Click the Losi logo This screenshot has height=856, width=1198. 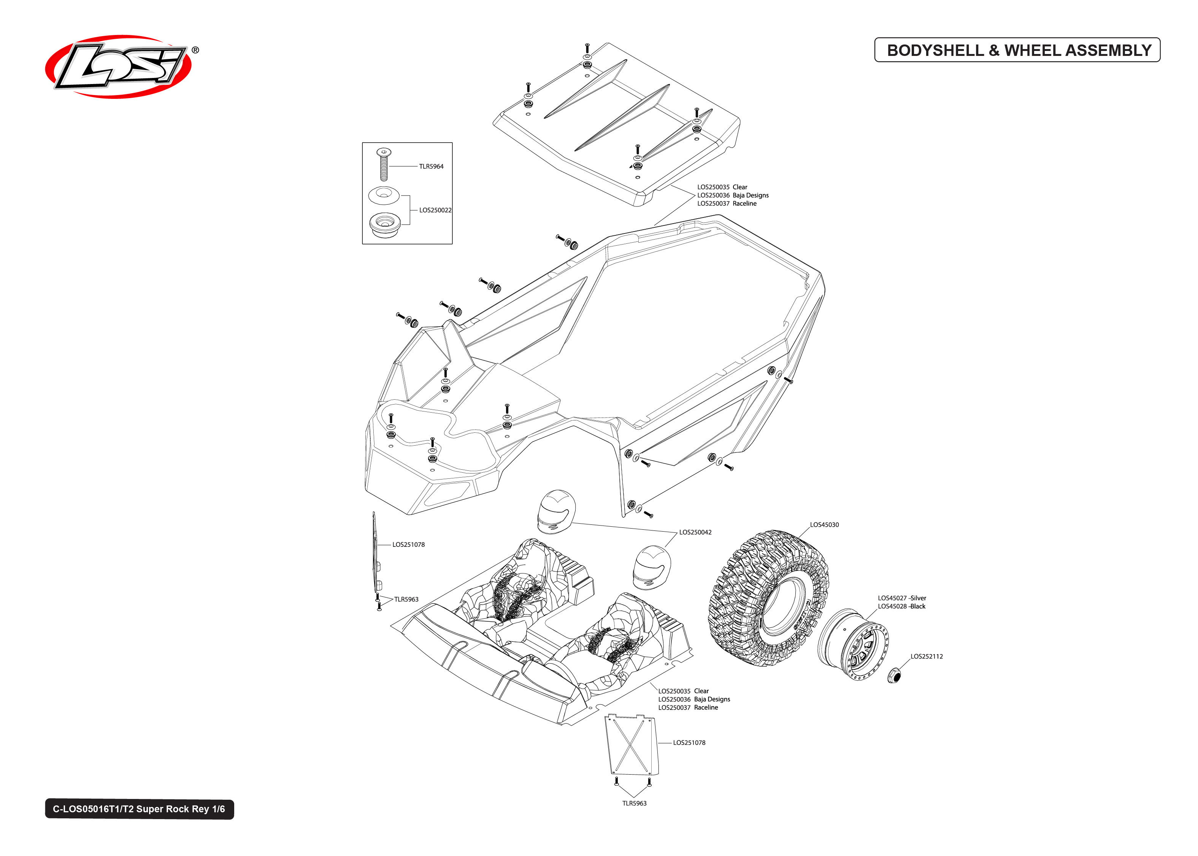(119, 67)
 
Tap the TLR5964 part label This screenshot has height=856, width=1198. (431, 167)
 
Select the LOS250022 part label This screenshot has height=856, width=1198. (435, 210)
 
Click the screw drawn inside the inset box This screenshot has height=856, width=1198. (384, 164)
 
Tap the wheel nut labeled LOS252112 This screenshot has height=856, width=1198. (893, 675)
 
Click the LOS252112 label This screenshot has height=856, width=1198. (927, 657)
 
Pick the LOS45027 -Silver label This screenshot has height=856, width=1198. (901, 598)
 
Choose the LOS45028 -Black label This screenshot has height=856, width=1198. (901, 607)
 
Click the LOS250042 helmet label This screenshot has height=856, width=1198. (695, 532)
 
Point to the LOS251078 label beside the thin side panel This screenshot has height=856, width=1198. (408, 545)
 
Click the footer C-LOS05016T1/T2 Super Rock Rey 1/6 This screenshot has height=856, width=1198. (139, 809)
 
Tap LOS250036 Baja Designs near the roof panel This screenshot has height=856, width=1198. (733, 195)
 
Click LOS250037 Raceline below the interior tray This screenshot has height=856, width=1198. (687, 708)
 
